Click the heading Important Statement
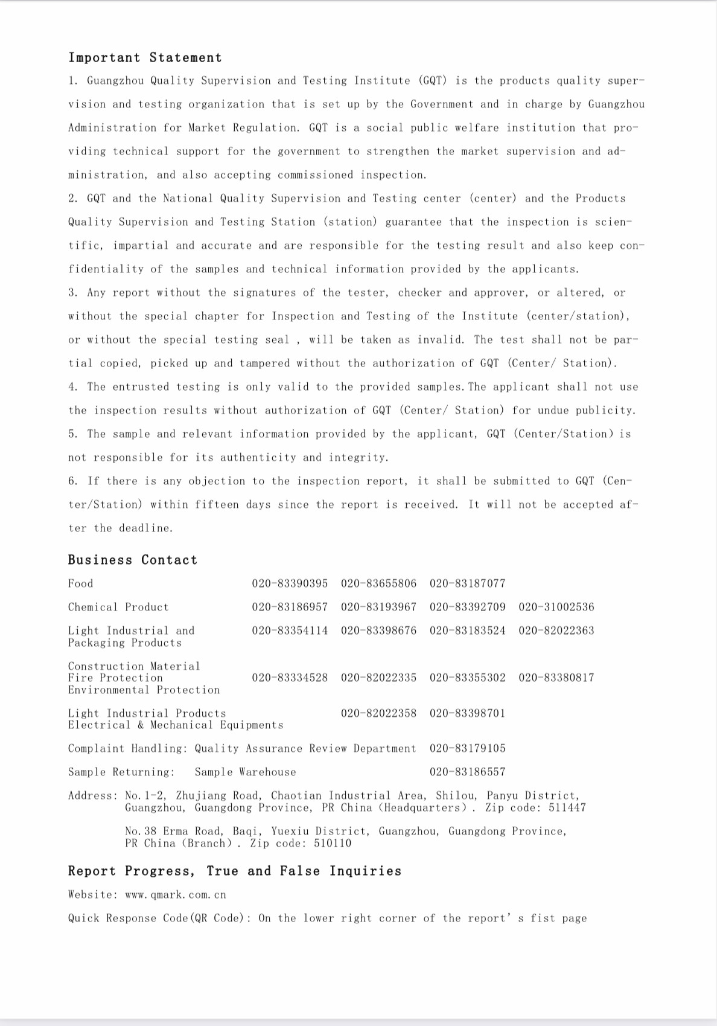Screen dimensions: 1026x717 [145, 58]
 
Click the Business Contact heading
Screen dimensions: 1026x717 [132, 560]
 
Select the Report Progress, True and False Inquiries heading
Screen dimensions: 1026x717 [234, 871]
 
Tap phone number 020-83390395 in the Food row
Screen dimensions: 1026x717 [290, 583]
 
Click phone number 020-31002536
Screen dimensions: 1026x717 [556, 607]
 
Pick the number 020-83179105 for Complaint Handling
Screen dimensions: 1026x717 [467, 748]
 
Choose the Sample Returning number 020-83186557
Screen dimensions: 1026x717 [467, 772]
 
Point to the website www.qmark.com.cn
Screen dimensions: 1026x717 [175, 895]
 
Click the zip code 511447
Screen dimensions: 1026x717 [567, 808]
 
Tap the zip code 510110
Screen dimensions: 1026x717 [332, 844]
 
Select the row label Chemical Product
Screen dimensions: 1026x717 [118, 607]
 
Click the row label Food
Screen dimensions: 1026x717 [80, 583]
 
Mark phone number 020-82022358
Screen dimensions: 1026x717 [378, 713]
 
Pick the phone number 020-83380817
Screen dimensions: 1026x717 [556, 678]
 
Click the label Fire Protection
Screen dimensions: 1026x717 [115, 678]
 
